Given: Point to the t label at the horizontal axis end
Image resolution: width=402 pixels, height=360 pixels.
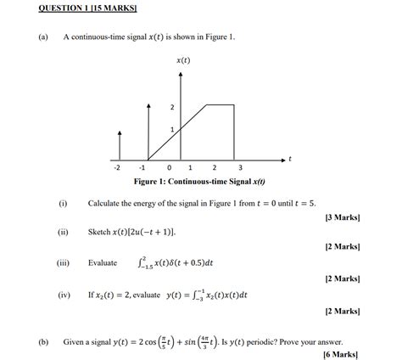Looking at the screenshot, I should click(290, 158).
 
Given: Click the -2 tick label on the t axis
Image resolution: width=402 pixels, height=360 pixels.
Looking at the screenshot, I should click(120, 168).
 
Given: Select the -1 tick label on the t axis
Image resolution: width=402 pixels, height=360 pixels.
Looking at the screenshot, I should click(147, 168).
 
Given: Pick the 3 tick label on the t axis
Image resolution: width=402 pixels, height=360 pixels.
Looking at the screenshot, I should click(240, 168).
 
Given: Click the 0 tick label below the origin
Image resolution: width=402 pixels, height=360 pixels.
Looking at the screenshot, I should click(170, 168).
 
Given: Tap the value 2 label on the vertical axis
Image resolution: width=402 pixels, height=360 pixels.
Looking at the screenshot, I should click(172, 107).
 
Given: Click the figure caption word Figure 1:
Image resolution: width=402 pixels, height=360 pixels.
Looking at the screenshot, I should click(153, 182).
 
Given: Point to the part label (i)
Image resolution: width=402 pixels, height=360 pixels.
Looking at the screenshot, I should click(63, 204).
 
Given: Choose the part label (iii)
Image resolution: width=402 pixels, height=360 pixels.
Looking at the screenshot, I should click(63, 263).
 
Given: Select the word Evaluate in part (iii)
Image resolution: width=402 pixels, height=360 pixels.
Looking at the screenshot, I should click(103, 263).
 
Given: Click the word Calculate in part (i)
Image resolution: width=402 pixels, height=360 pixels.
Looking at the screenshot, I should click(106, 204).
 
